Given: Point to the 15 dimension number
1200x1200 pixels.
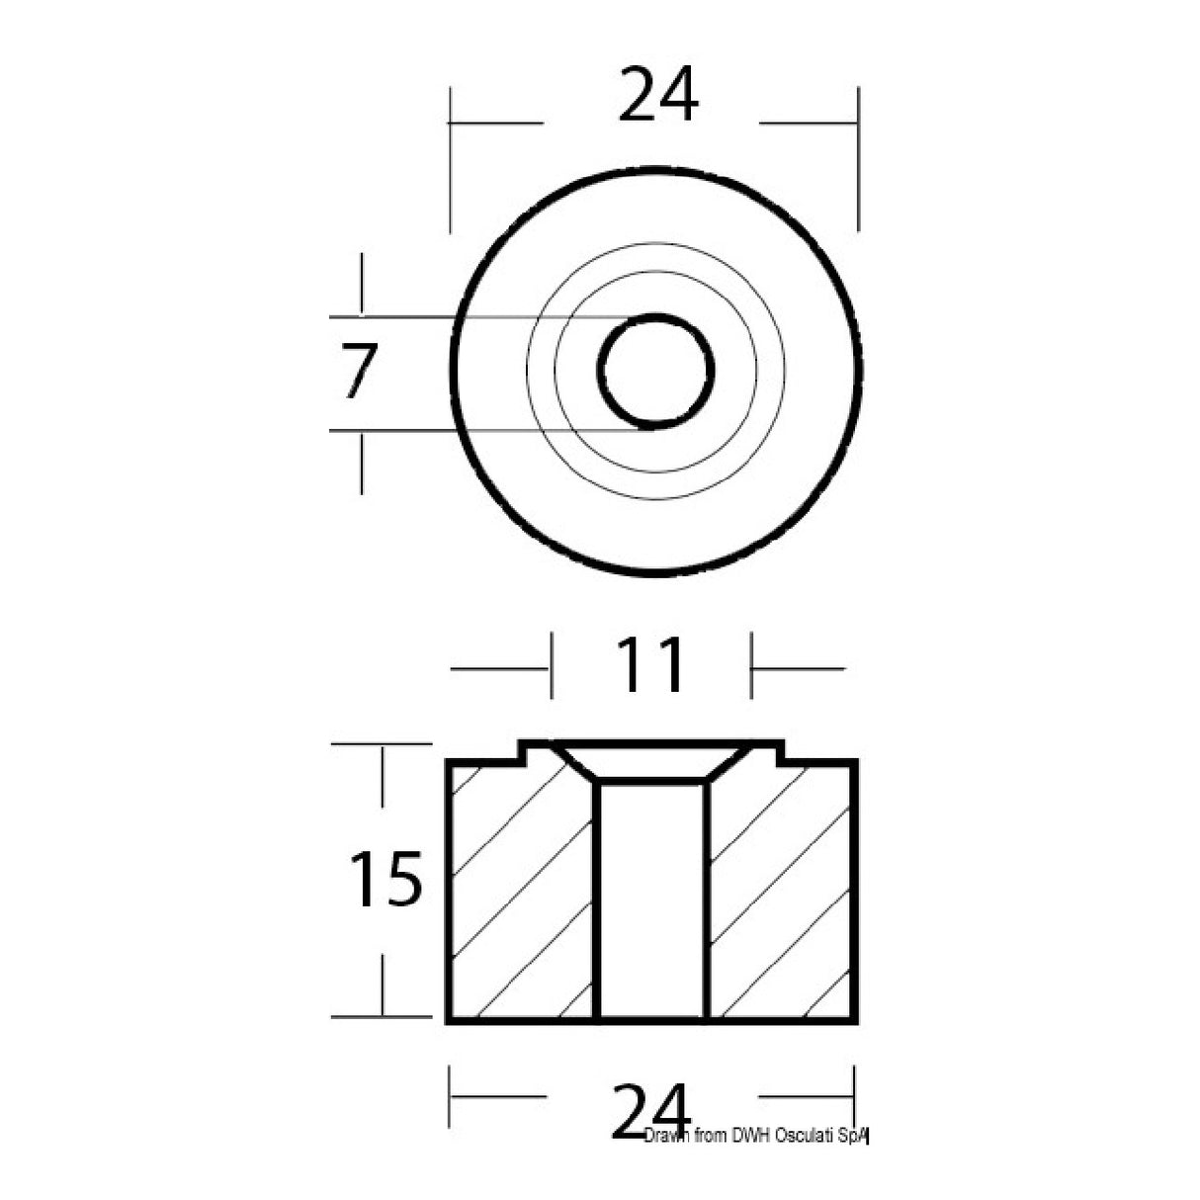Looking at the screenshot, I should click(386, 879).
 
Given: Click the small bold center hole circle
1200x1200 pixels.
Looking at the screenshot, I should click(655, 372).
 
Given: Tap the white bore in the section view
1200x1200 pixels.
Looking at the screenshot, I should click(652, 900).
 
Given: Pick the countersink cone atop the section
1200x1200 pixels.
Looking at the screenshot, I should click(652, 761).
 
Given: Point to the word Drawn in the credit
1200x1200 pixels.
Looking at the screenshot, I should click(667, 1135).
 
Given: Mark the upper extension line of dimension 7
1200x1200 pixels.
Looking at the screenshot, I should click(474, 317).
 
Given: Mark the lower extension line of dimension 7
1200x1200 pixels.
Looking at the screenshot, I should click(474, 431).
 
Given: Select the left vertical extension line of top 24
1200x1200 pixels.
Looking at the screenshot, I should click(451, 158).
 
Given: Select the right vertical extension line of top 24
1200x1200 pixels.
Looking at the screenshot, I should click(858, 158).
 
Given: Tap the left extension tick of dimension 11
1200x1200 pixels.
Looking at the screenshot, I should click(552, 668).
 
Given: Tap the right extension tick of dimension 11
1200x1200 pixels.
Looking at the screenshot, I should click(752, 668).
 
